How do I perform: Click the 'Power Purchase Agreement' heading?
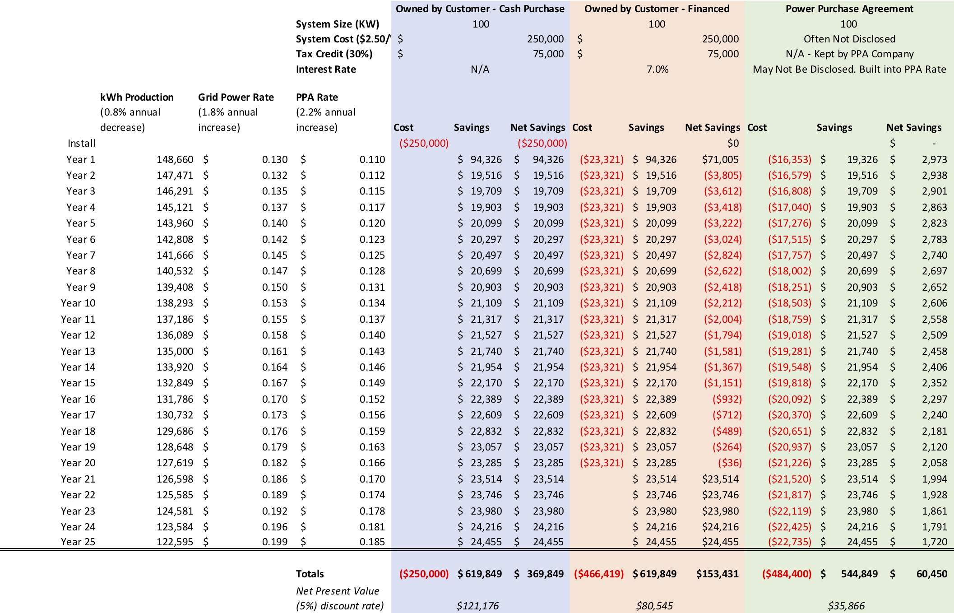tap(849, 9)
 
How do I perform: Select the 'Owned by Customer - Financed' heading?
tap(657, 9)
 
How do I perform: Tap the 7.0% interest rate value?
tap(658, 69)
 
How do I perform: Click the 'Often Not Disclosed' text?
tap(849, 39)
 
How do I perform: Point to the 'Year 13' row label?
tap(78, 351)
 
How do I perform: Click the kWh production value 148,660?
tap(175, 159)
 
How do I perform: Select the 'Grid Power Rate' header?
tap(236, 97)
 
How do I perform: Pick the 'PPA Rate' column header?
tap(317, 97)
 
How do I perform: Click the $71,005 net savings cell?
tap(720, 159)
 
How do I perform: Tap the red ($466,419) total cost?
tap(599, 574)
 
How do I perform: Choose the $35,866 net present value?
tap(846, 606)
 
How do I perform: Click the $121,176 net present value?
tap(477, 606)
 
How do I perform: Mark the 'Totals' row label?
tap(310, 574)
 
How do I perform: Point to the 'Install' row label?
tap(82, 144)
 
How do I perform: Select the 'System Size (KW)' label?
tap(338, 24)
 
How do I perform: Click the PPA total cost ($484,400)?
tap(787, 574)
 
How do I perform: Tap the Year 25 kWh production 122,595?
tap(175, 542)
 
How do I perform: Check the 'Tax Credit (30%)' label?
tap(334, 54)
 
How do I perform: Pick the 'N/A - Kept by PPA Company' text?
tap(849, 54)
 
